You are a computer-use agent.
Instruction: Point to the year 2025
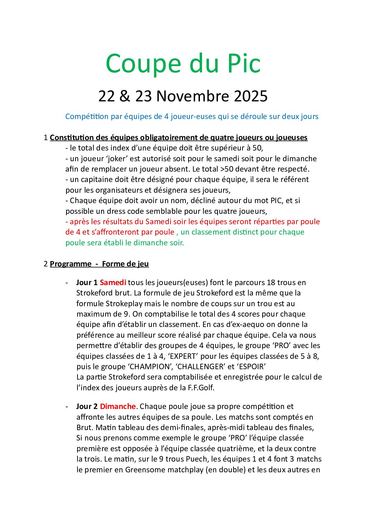[251, 96]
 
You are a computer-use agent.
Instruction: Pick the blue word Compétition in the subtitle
[87, 117]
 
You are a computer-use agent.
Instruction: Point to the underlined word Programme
[71, 264]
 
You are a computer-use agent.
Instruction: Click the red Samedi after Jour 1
[113, 283]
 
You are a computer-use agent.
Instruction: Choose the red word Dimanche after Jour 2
[118, 407]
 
